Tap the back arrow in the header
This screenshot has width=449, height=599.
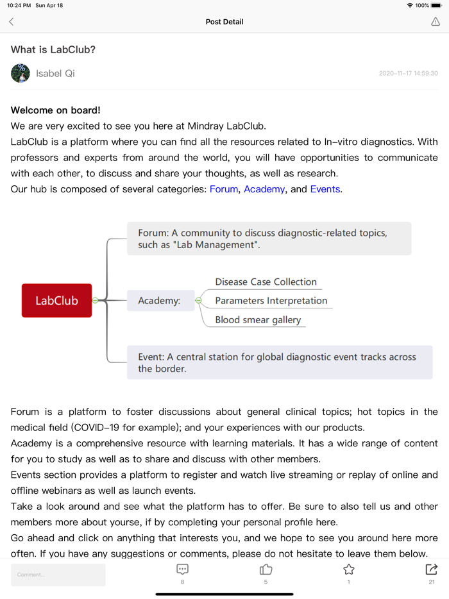click(x=12, y=22)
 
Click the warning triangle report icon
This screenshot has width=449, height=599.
click(x=436, y=22)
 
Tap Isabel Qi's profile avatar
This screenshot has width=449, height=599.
click(x=21, y=73)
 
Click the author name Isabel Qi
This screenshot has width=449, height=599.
click(x=55, y=73)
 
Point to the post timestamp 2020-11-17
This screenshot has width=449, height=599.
click(x=408, y=74)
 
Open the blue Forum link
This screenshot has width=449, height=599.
click(x=224, y=189)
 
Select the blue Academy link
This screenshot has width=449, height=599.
click(x=264, y=189)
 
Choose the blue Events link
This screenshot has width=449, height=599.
click(x=325, y=189)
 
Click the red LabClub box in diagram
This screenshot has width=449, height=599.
click(x=56, y=300)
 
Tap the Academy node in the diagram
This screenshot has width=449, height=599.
click(x=160, y=300)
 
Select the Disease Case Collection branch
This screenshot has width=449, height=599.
click(x=266, y=282)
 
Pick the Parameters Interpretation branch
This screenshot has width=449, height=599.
click(x=271, y=300)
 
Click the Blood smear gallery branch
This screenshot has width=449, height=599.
click(x=258, y=319)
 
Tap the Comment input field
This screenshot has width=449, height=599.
click(x=58, y=575)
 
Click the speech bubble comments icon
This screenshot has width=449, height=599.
click(x=182, y=569)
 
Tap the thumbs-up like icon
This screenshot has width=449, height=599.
click(x=266, y=569)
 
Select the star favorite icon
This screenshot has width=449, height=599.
click(x=348, y=569)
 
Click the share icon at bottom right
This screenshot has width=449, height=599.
click(x=431, y=569)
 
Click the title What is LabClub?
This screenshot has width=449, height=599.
click(x=53, y=49)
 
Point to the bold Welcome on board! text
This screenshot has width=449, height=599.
click(x=56, y=110)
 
